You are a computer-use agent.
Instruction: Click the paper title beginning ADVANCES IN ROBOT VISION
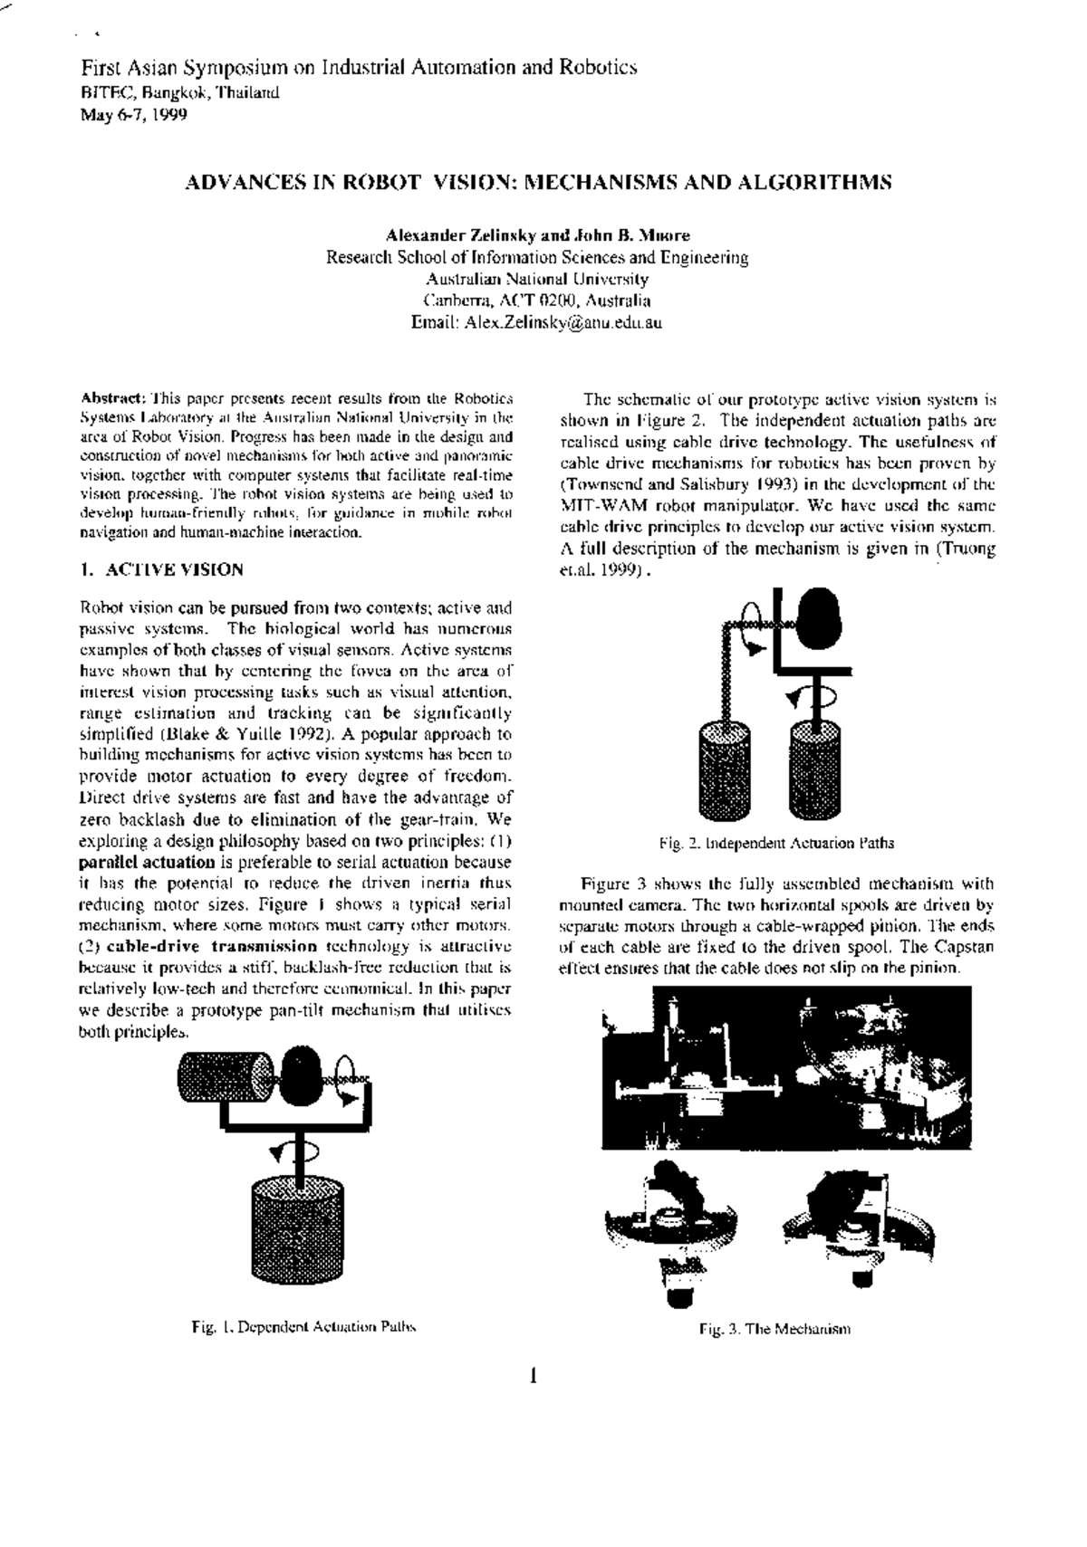pos(538,182)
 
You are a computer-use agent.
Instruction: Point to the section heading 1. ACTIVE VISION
pos(161,570)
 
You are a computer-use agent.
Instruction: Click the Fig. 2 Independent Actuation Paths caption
pos(776,843)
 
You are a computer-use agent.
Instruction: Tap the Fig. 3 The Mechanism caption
pos(774,1330)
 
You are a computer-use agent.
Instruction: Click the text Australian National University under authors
pos(537,279)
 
